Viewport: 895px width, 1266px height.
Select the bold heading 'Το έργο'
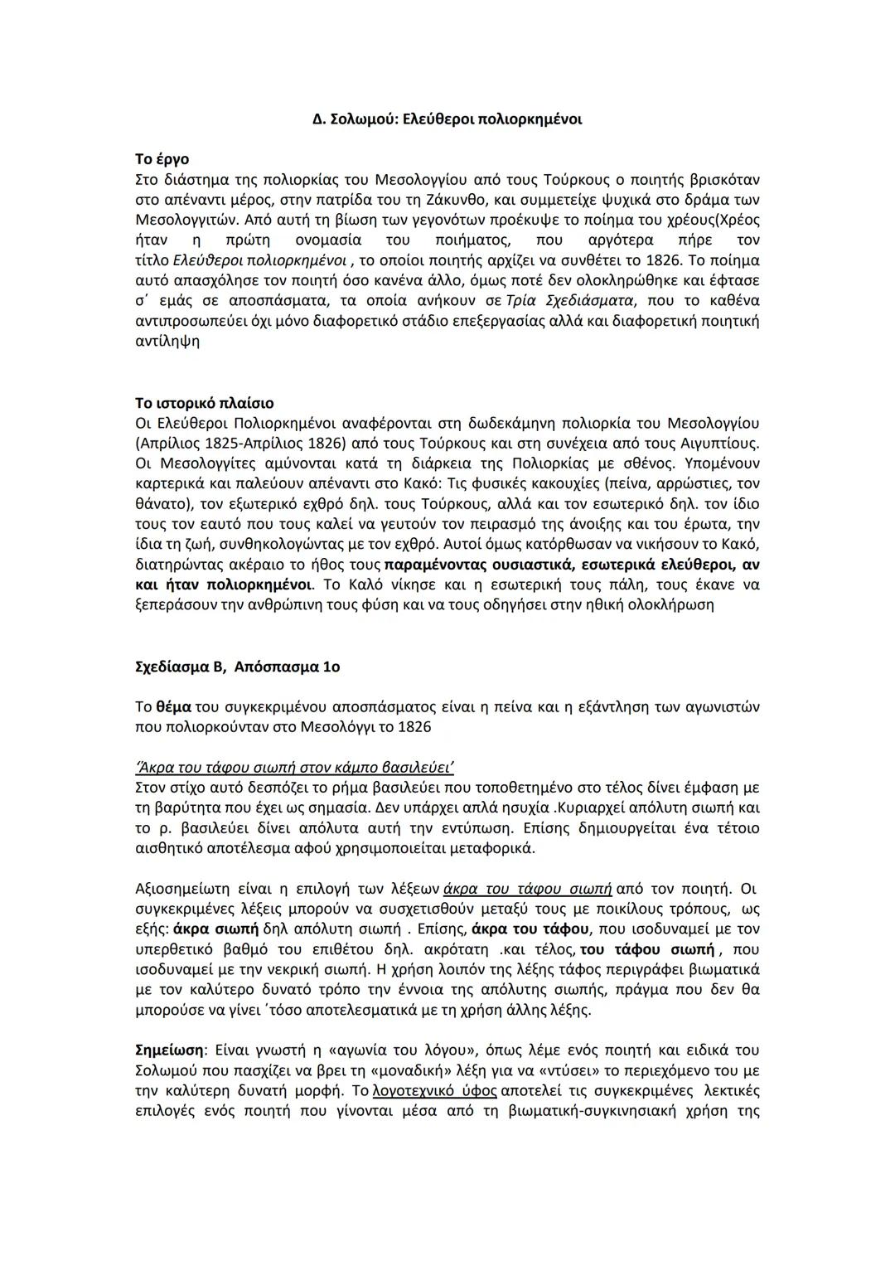point(162,159)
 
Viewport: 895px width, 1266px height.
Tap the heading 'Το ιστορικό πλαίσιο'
point(204,404)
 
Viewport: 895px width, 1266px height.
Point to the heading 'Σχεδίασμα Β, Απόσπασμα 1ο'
point(237,667)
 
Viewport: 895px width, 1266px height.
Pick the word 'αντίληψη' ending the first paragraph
point(167,341)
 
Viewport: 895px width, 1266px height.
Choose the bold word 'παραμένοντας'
point(436,565)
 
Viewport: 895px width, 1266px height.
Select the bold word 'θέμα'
point(174,707)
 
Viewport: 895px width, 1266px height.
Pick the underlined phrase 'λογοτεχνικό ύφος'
point(435,1091)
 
